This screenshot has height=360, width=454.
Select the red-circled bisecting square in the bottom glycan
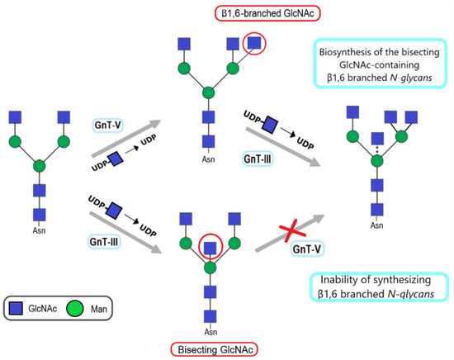211,247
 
